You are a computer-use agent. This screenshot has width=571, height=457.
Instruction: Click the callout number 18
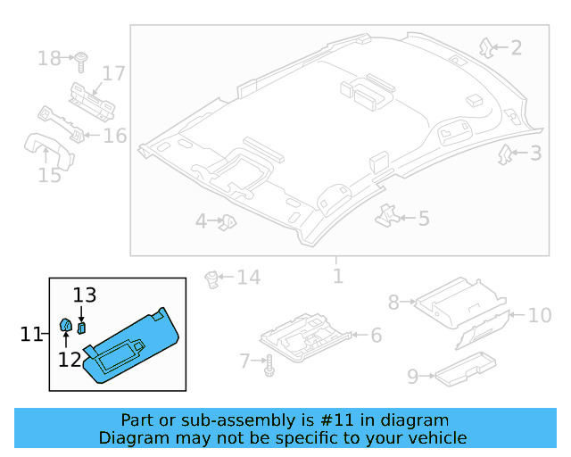click(x=49, y=59)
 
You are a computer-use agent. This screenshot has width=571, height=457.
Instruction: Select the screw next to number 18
click(x=80, y=60)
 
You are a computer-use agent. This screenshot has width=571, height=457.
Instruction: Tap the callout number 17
click(x=113, y=73)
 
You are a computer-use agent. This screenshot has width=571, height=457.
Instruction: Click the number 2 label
click(x=516, y=47)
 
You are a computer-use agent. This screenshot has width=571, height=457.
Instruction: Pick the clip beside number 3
click(x=505, y=154)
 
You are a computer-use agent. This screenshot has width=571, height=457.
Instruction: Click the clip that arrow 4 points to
click(x=228, y=220)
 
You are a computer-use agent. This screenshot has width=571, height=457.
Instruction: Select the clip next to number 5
click(x=386, y=214)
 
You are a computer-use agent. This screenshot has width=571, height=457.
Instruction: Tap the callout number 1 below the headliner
click(x=337, y=275)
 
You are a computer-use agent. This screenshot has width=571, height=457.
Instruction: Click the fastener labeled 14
click(x=212, y=279)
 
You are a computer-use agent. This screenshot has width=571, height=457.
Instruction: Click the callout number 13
click(x=84, y=295)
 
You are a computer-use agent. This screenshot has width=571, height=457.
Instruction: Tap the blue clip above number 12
click(x=67, y=325)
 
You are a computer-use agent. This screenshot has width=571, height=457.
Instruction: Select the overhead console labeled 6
click(x=308, y=335)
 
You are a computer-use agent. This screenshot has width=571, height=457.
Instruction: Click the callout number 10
click(x=540, y=315)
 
